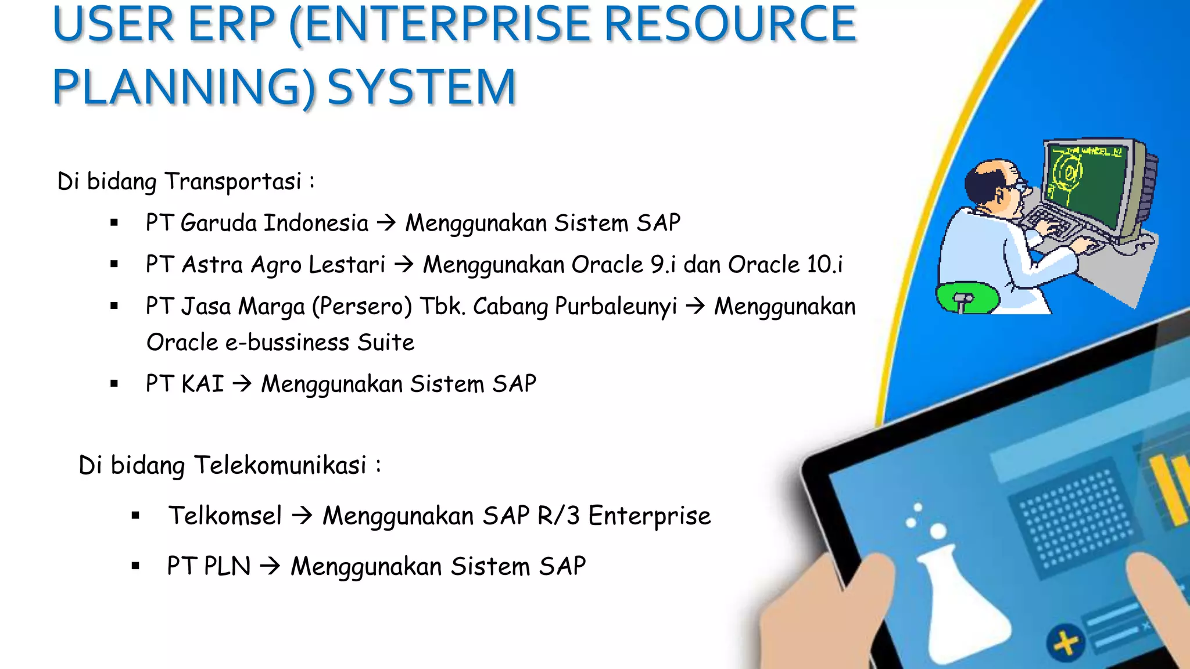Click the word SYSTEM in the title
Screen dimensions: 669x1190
click(x=422, y=87)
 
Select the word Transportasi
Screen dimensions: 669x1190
click(x=233, y=182)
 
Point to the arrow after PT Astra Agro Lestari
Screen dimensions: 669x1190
click(x=404, y=265)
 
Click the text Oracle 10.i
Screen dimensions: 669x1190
click(x=785, y=265)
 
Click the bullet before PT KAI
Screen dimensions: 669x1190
click(x=114, y=384)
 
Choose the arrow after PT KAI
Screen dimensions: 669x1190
click(x=242, y=384)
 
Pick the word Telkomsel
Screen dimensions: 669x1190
click(x=225, y=516)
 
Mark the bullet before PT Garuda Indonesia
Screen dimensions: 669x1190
click(x=114, y=223)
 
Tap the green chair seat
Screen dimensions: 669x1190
click(x=967, y=297)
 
